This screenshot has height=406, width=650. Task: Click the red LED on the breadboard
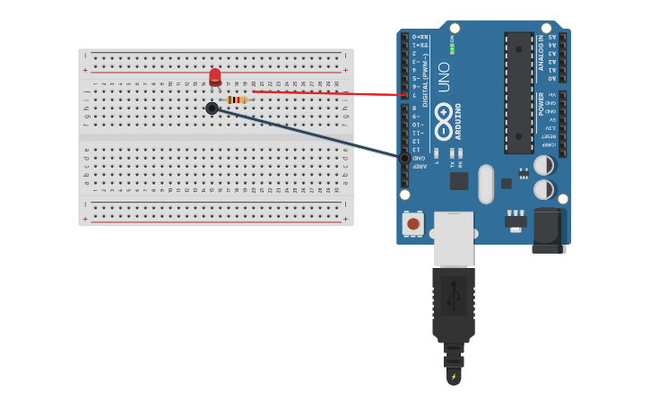215,77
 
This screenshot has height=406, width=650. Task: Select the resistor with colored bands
236,99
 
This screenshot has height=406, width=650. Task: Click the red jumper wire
332,93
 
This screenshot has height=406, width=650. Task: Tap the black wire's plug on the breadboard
212,108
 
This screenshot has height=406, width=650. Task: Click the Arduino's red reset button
412,223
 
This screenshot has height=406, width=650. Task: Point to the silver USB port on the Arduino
453,238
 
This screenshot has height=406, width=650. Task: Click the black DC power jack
549,230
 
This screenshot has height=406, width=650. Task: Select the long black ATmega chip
518,92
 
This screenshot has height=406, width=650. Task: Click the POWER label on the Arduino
541,103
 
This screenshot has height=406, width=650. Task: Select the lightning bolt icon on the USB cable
454,376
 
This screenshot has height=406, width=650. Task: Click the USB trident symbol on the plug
454,295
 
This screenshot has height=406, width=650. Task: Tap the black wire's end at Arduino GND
404,159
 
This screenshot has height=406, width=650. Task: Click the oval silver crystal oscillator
486,184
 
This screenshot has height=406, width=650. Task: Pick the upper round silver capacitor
543,165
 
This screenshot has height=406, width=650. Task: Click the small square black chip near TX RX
459,180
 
